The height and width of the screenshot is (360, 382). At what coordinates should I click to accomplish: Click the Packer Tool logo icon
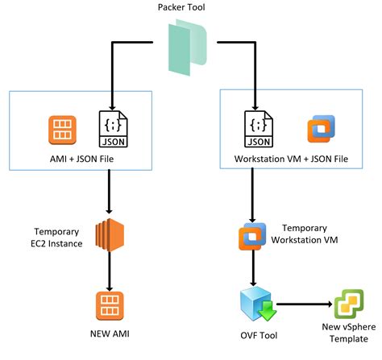pyautogui.click(x=188, y=48)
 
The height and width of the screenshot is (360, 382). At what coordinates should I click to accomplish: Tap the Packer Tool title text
pyautogui.click(x=181, y=7)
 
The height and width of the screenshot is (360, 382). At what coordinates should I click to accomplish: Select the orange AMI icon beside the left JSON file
pyautogui.click(x=62, y=130)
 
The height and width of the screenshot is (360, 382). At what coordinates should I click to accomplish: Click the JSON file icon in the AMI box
pyautogui.click(x=114, y=129)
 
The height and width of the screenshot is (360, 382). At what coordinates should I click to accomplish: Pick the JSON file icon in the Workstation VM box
pyautogui.click(x=259, y=129)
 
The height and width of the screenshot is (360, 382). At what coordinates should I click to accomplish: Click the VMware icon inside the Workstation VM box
pyautogui.click(x=322, y=129)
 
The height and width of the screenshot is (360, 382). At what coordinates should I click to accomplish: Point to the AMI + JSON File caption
pyautogui.click(x=81, y=159)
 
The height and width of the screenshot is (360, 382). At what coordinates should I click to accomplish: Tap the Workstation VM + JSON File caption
pyautogui.click(x=291, y=159)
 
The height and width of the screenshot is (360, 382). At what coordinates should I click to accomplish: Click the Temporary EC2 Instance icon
pyautogui.click(x=110, y=235)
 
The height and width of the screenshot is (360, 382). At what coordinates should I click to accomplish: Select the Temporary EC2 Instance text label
pyautogui.click(x=56, y=238)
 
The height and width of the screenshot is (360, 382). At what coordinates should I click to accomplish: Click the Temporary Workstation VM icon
pyautogui.click(x=252, y=236)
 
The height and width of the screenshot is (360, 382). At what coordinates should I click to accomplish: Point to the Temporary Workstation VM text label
pyautogui.click(x=305, y=234)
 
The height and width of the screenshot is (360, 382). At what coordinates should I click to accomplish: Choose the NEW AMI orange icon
pyautogui.click(x=110, y=306)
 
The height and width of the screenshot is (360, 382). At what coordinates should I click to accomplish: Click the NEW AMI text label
pyautogui.click(x=110, y=333)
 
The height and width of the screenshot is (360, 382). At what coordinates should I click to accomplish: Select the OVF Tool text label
pyautogui.click(x=259, y=336)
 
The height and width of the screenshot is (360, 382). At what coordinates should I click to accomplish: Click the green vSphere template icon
pyautogui.click(x=349, y=304)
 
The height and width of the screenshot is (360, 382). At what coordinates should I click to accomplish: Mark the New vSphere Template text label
pyautogui.click(x=349, y=333)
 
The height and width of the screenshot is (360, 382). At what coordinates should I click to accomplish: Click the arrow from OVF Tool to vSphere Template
pyautogui.click(x=305, y=304)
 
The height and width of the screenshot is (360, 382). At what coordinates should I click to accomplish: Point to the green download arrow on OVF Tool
pyautogui.click(x=267, y=311)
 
